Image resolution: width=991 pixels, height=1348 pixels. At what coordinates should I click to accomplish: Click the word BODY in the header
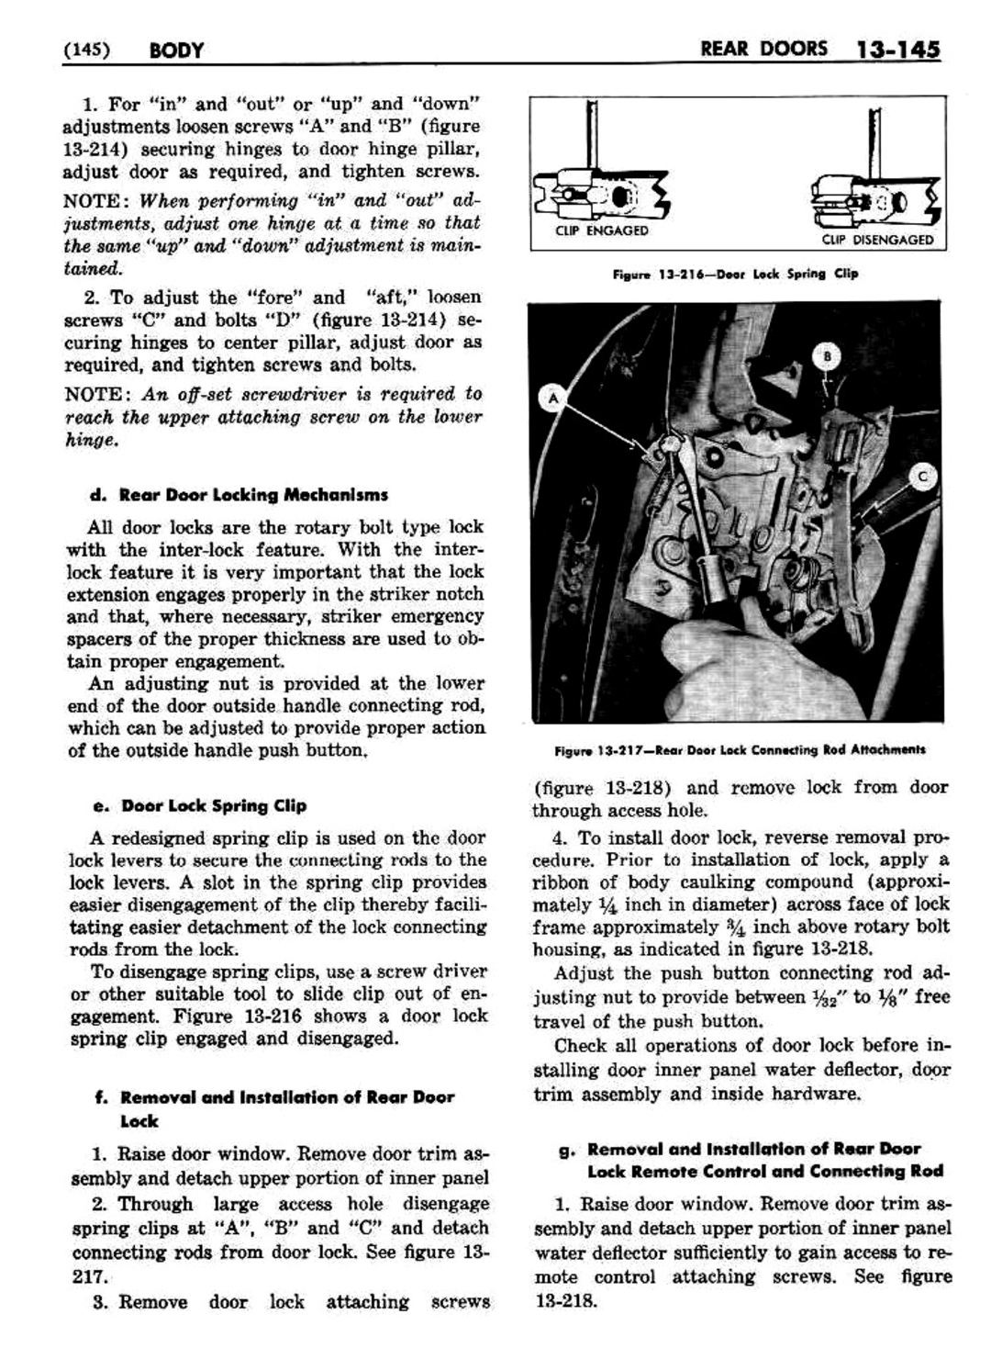click(175, 51)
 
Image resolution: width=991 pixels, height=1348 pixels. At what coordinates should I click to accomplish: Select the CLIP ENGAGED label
click(601, 230)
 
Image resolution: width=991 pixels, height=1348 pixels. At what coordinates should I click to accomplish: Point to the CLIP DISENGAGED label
click(877, 240)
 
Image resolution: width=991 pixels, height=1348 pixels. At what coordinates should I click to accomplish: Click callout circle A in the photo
click(554, 397)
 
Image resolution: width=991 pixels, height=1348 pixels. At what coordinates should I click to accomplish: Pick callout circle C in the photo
click(922, 476)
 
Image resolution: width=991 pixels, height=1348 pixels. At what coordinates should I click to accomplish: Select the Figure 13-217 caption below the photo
click(740, 749)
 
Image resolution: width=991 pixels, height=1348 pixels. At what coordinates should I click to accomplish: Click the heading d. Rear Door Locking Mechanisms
click(239, 495)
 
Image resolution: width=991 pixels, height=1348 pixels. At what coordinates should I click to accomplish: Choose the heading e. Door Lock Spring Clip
click(200, 805)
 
